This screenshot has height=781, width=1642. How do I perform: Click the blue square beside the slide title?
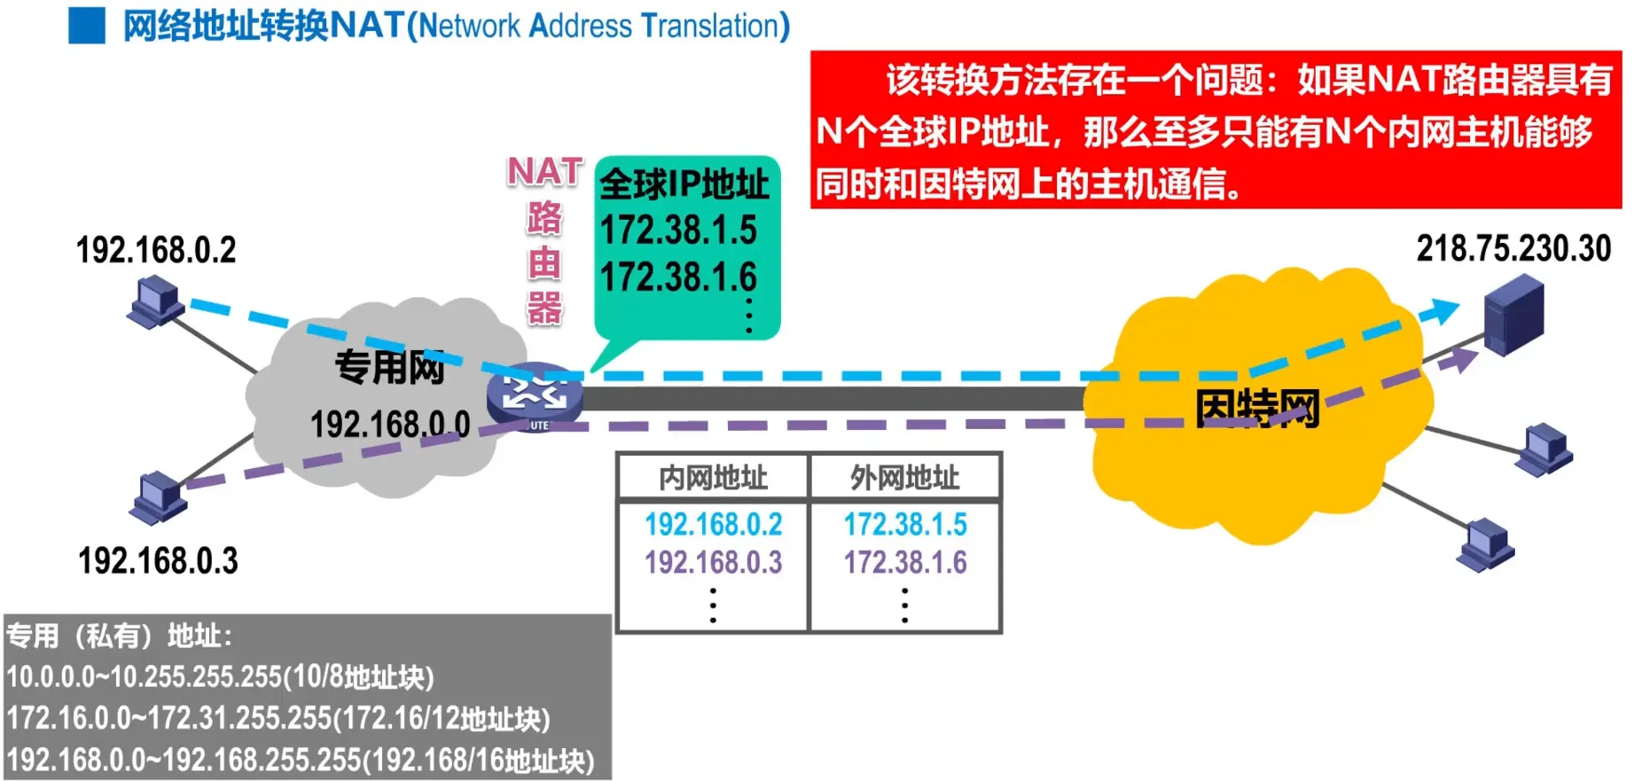tap(86, 26)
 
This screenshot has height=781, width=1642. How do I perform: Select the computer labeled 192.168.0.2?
tap(157, 301)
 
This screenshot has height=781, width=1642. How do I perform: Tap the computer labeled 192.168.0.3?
tap(159, 496)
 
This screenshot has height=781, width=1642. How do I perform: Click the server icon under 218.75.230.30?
tap(1513, 315)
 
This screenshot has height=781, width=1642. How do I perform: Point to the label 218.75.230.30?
tap(1513, 249)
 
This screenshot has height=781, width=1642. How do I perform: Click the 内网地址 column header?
tap(713, 478)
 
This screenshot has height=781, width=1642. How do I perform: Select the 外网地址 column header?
tap(904, 478)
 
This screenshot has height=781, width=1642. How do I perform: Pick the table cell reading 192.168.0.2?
tap(713, 524)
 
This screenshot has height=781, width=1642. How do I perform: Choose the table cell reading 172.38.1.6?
tap(904, 562)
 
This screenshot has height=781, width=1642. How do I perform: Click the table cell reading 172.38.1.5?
tap(904, 524)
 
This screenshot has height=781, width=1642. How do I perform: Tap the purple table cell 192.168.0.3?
tap(713, 562)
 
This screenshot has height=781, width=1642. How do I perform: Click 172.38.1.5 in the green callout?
tap(678, 230)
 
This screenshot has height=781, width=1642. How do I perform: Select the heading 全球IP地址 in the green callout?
tap(684, 184)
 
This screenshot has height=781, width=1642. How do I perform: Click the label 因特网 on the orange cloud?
tap(1256, 409)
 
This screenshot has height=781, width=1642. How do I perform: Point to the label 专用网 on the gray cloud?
tap(389, 367)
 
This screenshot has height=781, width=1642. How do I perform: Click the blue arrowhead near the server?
tap(1442, 310)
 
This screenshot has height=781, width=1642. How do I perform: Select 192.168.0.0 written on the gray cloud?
tap(389, 425)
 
